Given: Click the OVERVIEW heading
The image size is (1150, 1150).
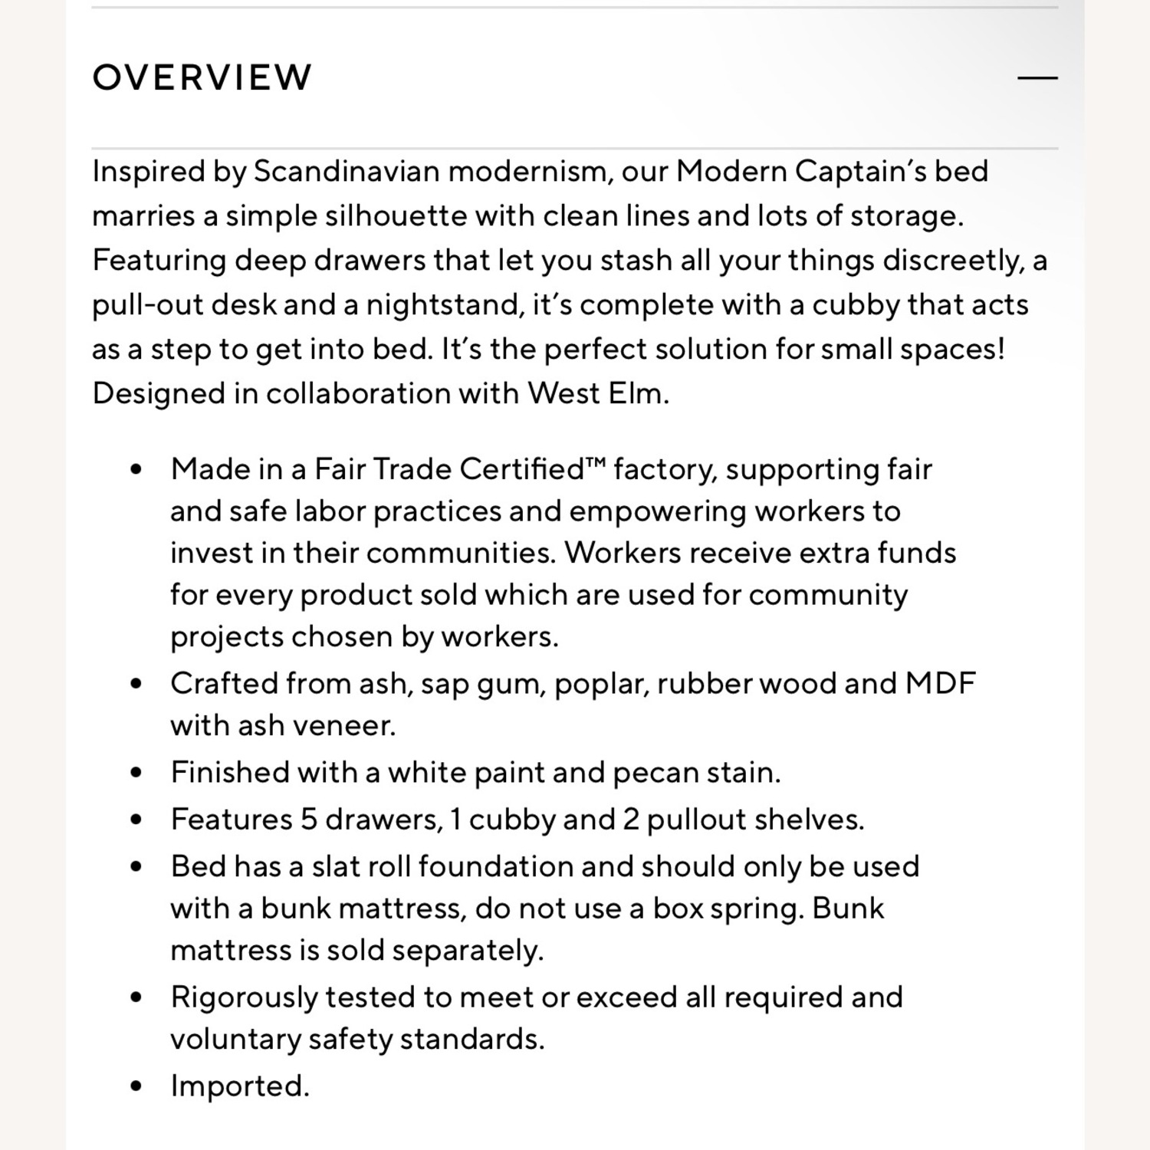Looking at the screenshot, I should click(x=202, y=77).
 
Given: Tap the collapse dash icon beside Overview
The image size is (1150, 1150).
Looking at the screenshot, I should click(x=1037, y=77).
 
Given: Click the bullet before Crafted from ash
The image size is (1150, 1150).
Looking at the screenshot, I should click(x=136, y=683).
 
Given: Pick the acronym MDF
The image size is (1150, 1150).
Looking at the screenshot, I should click(x=940, y=683).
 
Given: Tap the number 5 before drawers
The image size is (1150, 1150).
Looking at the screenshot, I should click(x=309, y=819).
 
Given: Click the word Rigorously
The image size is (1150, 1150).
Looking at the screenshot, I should click(x=242, y=997).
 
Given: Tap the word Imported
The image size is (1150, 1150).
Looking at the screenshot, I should click(x=239, y=1086).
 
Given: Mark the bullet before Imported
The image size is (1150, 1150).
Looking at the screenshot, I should click(x=136, y=1086).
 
